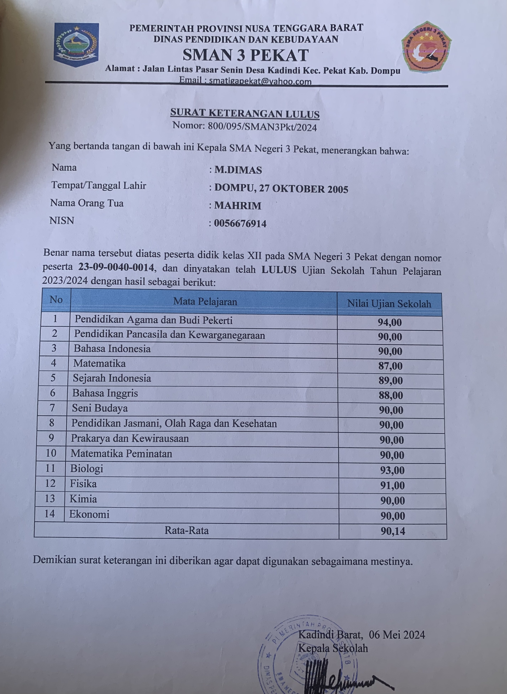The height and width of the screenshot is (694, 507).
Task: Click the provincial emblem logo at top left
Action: tap(76, 44)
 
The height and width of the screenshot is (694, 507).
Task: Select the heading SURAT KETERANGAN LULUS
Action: tap(245, 113)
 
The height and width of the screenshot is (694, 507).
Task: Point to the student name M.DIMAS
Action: tap(238, 170)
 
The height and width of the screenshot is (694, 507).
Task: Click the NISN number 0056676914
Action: tap(240, 223)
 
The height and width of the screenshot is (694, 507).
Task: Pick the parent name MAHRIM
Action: tap(238, 205)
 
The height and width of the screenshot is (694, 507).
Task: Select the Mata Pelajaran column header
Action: tap(205, 302)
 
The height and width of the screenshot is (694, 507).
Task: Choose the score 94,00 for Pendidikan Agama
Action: tap(390, 322)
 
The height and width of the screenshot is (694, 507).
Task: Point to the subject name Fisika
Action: tap(83, 484)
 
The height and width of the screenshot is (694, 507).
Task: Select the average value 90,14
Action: tap(393, 531)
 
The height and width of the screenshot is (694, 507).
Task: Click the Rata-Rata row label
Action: tap(187, 530)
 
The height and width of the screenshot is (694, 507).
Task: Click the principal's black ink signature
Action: tap(338, 675)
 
